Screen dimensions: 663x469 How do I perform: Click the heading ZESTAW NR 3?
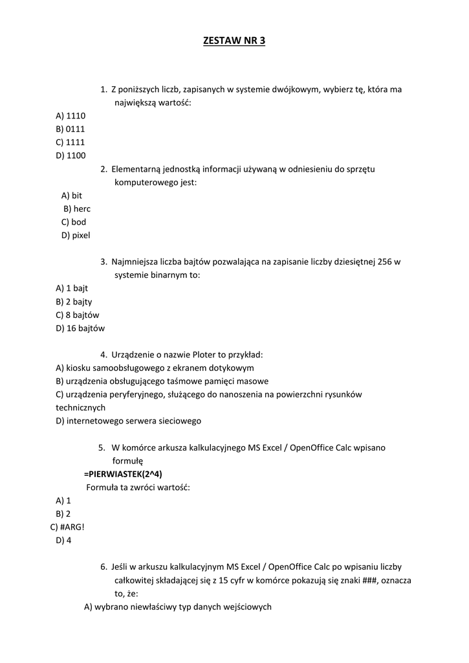[234, 41]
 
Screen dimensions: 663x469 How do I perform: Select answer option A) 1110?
[71, 116]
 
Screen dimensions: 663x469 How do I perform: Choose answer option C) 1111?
[71, 142]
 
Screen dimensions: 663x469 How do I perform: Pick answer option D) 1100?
[71, 155]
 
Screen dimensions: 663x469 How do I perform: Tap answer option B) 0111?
[71, 129]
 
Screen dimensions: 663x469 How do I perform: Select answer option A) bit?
[72, 196]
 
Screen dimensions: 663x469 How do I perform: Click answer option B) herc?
[77, 208]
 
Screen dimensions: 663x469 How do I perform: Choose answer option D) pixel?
[76, 235]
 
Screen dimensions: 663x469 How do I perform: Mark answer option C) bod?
[74, 222]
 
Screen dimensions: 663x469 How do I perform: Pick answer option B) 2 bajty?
[74, 302]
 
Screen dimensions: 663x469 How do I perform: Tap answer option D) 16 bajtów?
[80, 328]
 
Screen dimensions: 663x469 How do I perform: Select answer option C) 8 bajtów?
[78, 315]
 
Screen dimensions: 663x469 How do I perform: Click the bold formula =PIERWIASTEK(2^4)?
[123, 474]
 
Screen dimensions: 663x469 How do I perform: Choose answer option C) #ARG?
[67, 526]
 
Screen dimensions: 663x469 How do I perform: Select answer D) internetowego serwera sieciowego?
[128, 421]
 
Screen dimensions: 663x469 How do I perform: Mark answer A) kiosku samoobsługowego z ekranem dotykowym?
[155, 368]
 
